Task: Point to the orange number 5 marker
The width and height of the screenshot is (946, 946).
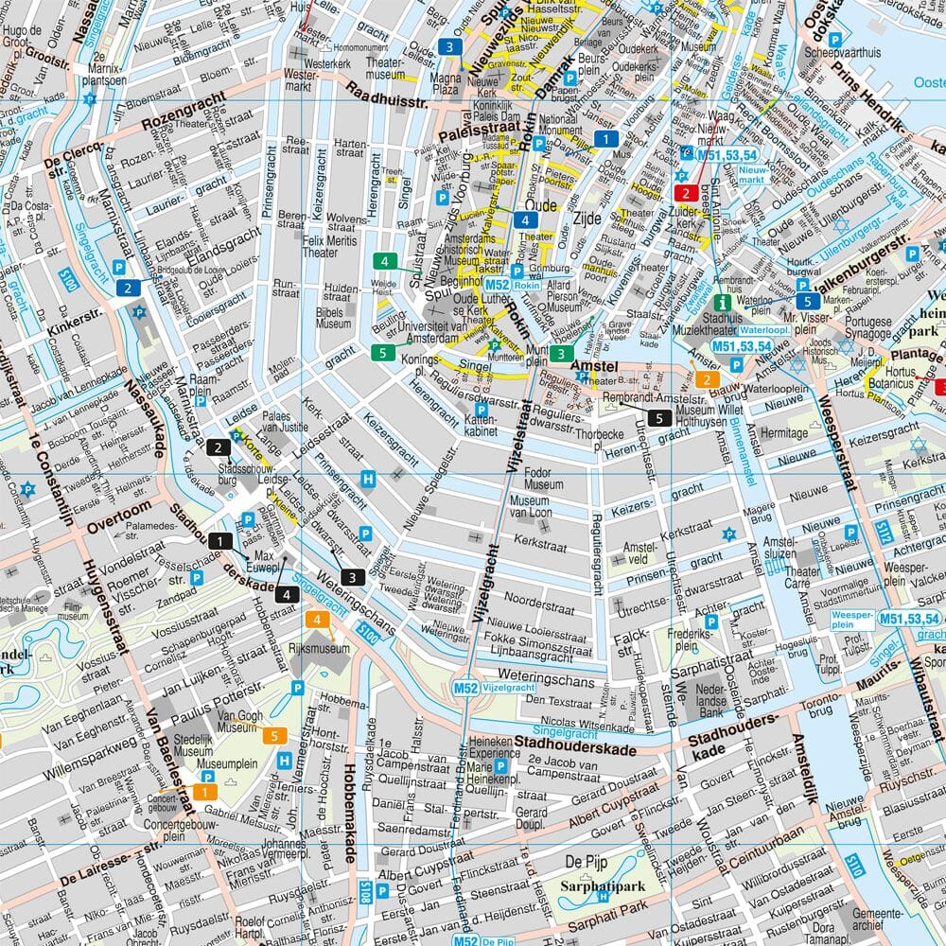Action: (x=274, y=736)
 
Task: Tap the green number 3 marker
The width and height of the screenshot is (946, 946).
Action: (x=561, y=355)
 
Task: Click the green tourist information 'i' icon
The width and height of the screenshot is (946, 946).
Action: (x=724, y=303)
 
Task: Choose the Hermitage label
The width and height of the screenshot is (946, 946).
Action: (x=784, y=431)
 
